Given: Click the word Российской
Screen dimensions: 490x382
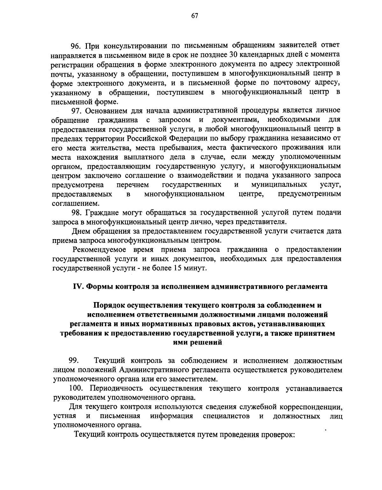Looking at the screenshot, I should [147, 138].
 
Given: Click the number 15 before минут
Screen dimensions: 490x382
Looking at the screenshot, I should [177, 268].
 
